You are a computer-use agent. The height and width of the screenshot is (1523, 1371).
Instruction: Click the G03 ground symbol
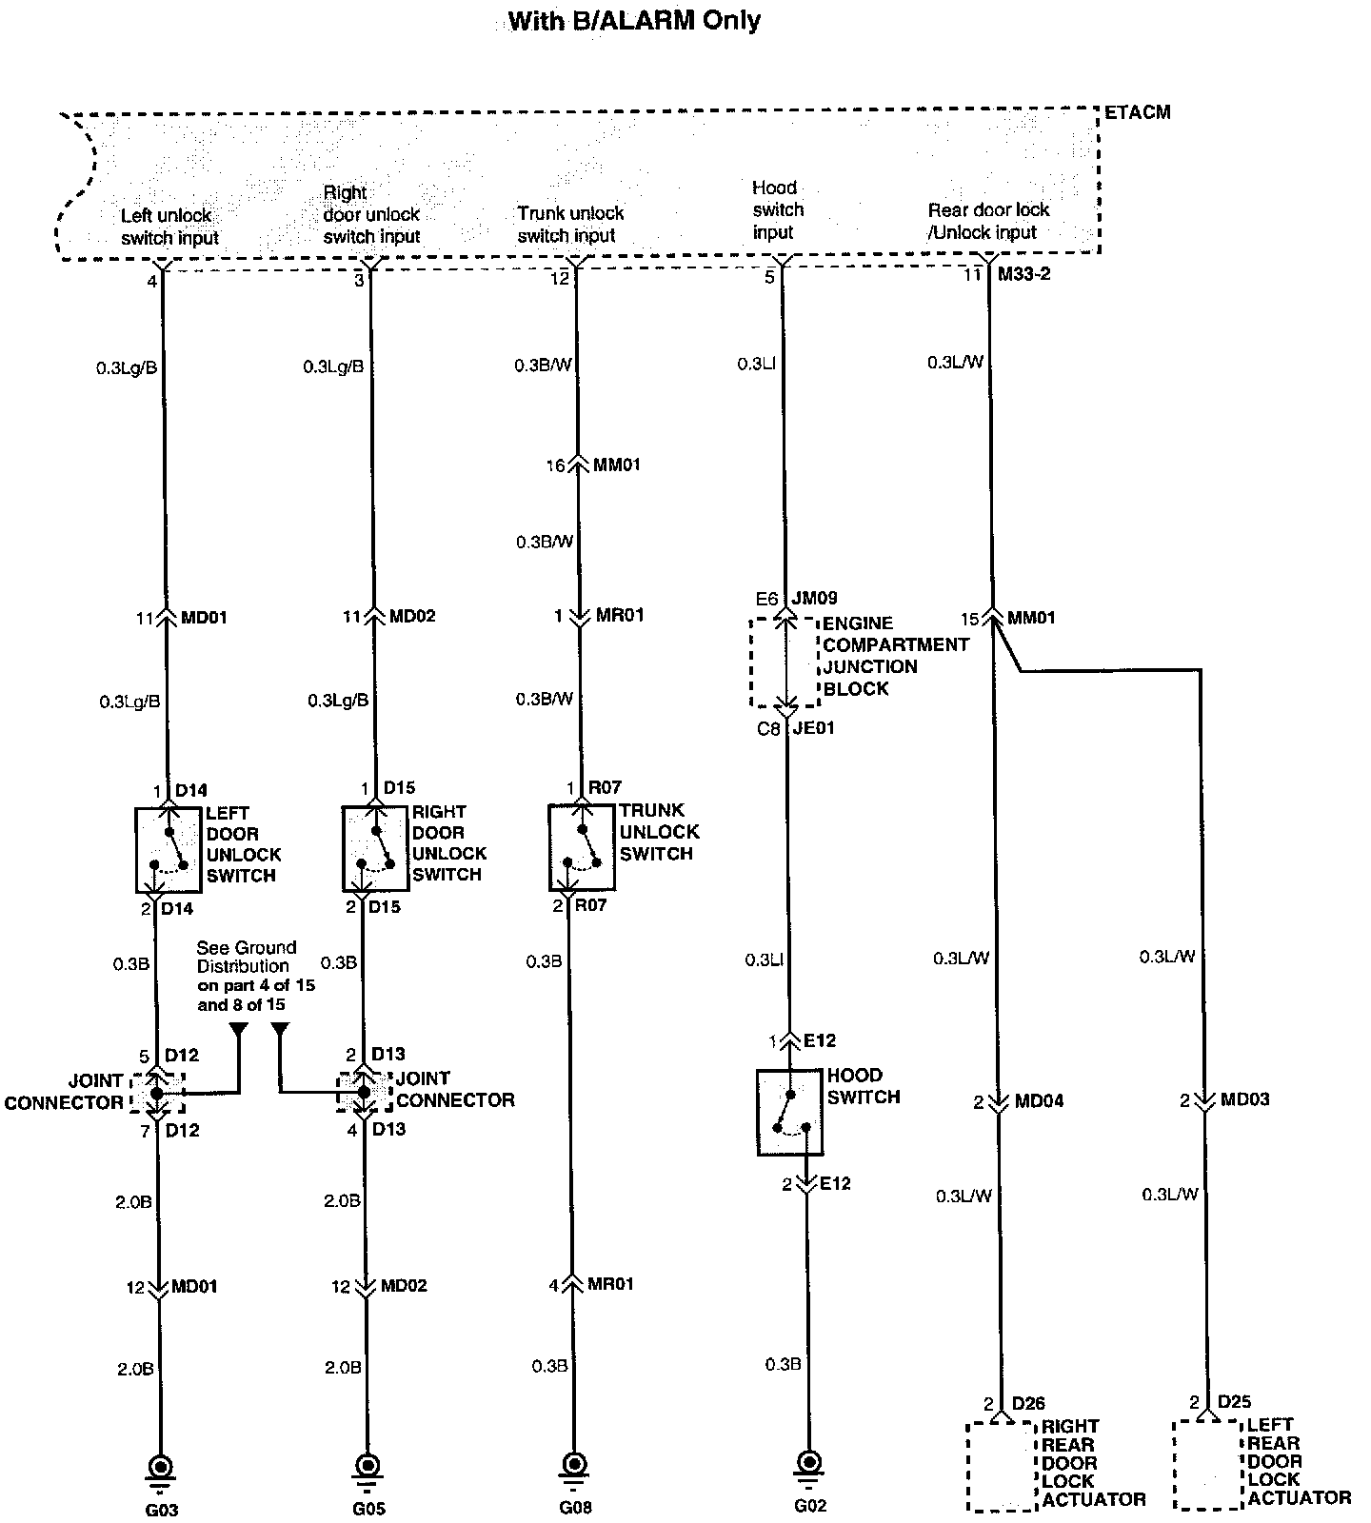click(160, 1467)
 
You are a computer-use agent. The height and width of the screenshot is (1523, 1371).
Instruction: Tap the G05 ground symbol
click(366, 1466)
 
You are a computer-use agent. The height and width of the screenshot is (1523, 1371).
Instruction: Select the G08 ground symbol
click(573, 1464)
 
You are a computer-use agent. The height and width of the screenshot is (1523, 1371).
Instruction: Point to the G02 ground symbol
click(808, 1461)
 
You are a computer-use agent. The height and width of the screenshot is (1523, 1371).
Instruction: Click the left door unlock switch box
click(169, 849)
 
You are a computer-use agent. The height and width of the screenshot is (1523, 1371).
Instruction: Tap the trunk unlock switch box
click(582, 847)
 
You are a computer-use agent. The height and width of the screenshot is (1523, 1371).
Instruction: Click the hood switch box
click(789, 1112)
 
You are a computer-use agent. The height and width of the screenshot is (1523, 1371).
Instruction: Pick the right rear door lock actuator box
click(1001, 1466)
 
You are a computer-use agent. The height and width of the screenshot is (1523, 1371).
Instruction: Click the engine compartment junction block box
click(784, 663)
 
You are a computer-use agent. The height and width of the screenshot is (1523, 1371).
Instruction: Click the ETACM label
click(1137, 112)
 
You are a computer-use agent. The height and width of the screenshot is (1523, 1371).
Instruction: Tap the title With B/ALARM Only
click(634, 21)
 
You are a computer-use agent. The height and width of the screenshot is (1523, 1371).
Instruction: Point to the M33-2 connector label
click(1024, 274)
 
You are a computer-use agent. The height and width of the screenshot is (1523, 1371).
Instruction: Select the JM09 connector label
click(814, 599)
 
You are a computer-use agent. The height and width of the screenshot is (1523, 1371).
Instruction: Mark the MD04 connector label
click(1039, 1101)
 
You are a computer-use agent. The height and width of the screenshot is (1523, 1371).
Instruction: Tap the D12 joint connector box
click(156, 1093)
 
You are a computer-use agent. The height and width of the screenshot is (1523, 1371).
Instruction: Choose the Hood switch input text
click(778, 209)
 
